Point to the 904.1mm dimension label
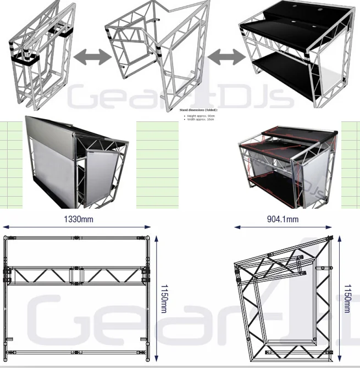tap(283, 219)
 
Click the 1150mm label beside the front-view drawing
tap(163, 297)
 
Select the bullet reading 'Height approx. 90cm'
tap(201, 116)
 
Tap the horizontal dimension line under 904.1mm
tap(283, 226)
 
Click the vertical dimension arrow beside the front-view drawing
tap(157, 297)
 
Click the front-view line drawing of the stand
tap(78, 297)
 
